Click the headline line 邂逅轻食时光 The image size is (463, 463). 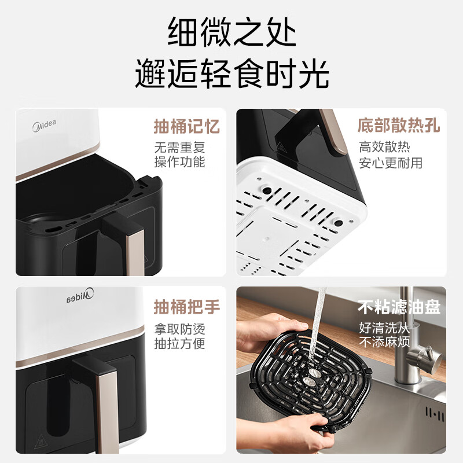(x=231, y=74)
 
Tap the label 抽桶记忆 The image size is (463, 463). (x=187, y=126)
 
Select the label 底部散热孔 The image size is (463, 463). (x=398, y=125)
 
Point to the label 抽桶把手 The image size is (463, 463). (x=187, y=306)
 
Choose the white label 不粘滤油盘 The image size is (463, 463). (x=398, y=307)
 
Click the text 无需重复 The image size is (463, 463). (x=179, y=147)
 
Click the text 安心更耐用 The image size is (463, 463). (x=391, y=163)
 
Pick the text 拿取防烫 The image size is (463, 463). (x=179, y=330)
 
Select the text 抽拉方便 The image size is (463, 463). (x=179, y=344)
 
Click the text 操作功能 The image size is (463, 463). (x=179, y=162)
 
